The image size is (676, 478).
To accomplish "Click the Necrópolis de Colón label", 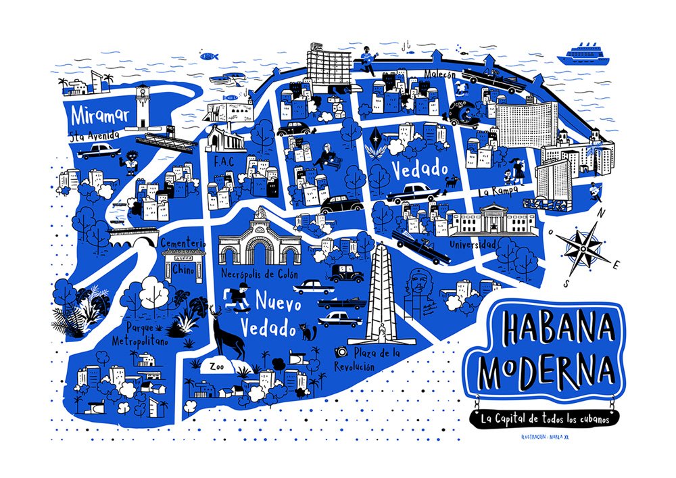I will coord(260,274).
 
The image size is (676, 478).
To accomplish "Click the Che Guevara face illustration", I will coord(422,283).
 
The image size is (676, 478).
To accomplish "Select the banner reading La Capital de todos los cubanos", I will coord(546,419).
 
